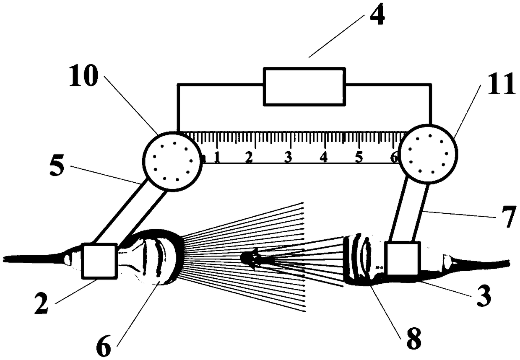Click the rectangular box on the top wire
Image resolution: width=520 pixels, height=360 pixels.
(x=304, y=86)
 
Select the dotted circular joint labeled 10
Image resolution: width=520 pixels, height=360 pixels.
(x=172, y=161)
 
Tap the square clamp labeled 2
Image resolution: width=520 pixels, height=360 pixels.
(x=100, y=261)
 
